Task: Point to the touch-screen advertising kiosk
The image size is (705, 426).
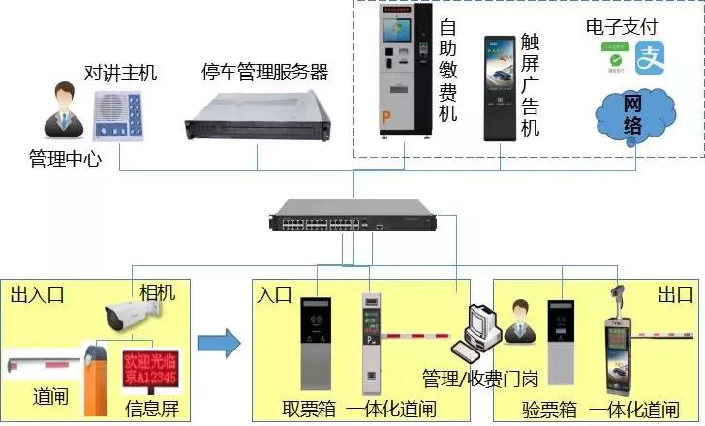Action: coord(502,88)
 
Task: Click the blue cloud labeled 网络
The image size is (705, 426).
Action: coord(631,107)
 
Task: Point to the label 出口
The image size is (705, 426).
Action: coord(674,293)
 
